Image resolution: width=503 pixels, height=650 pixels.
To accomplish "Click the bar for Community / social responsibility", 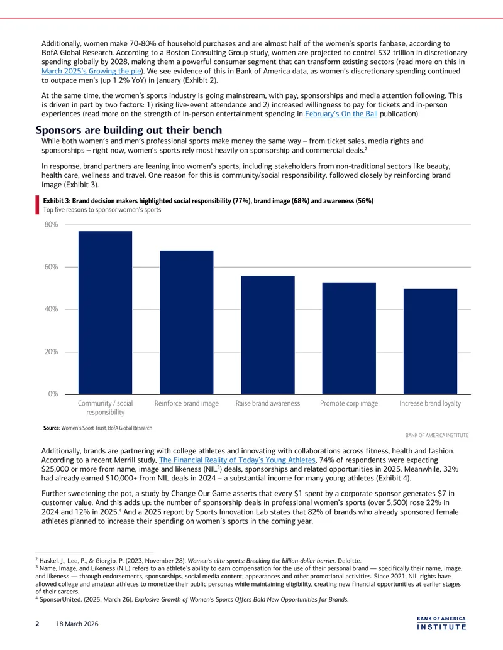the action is (x=105, y=313).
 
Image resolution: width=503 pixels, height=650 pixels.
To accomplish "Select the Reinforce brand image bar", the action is (x=186, y=323).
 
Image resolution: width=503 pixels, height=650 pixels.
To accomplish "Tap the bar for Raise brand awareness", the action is (x=268, y=335).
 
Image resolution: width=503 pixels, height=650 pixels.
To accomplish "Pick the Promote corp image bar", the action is (x=349, y=339).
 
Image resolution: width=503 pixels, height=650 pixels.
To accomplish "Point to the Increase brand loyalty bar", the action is (x=430, y=342).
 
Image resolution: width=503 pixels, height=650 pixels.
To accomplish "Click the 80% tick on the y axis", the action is (x=52, y=225).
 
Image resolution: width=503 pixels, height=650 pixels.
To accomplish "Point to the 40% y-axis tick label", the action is (x=52, y=309).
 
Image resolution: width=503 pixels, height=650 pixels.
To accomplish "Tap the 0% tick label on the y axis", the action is (x=53, y=394).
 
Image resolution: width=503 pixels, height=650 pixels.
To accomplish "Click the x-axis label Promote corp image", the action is (x=349, y=403).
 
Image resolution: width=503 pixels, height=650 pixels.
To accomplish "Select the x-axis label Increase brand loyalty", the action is (x=430, y=403).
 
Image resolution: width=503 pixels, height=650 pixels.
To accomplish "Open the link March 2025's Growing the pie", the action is (x=91, y=72).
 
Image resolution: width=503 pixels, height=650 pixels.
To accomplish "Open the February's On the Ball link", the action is (x=341, y=114).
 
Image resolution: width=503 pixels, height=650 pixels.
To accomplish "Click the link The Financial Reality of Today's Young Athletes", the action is (x=237, y=460).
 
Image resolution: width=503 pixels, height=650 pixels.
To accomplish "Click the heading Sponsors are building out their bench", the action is (x=129, y=130).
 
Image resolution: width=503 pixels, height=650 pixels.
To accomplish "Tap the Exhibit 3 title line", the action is (x=208, y=201).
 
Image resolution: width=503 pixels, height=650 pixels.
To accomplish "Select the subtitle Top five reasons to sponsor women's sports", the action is (x=102, y=210).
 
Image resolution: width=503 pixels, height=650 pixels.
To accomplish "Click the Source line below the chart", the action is (x=97, y=428).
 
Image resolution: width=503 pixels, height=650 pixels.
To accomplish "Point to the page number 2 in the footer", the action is (x=37, y=624).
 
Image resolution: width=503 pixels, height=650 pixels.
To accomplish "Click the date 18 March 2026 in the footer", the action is (x=77, y=624).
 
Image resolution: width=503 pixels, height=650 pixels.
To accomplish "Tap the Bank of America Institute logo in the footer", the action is (x=441, y=624).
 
